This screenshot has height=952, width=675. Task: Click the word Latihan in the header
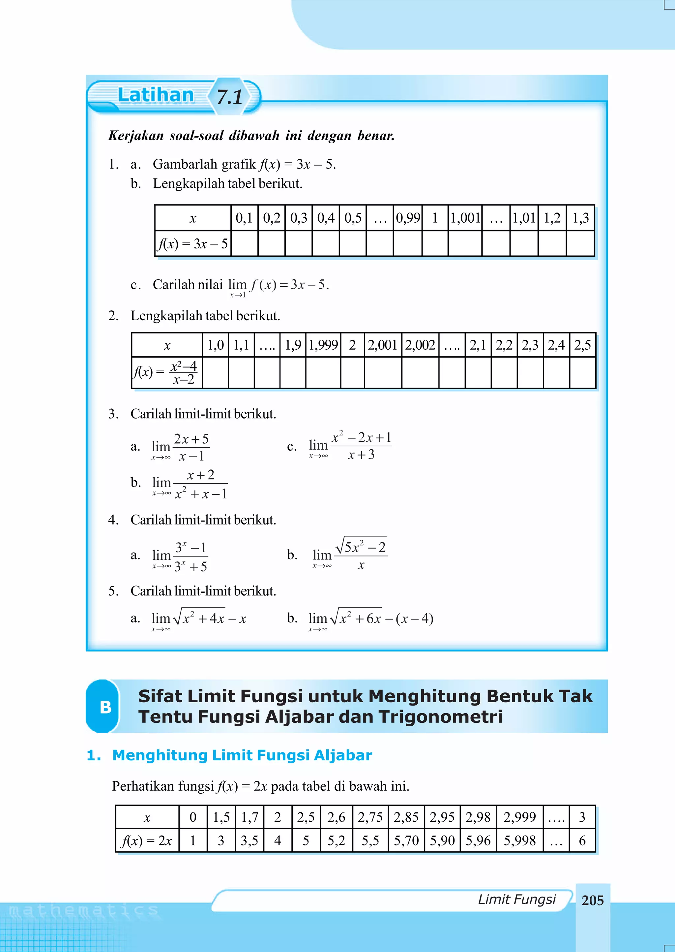pyautogui.click(x=156, y=95)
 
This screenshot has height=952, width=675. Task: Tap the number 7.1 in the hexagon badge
pyautogui.click(x=229, y=97)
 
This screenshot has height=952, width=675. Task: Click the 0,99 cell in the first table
pyautogui.click(x=407, y=217)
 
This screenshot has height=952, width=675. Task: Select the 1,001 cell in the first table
pyautogui.click(x=465, y=217)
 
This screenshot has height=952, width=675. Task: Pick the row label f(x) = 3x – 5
pyautogui.click(x=193, y=243)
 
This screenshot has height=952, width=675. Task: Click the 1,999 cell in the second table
pyautogui.click(x=323, y=345)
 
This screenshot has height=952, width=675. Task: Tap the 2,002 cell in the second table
pyautogui.click(x=420, y=345)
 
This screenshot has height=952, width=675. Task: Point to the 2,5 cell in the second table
pyautogui.click(x=582, y=345)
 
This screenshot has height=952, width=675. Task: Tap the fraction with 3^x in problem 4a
pyautogui.click(x=191, y=556)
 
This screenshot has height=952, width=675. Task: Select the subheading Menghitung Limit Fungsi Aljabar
pyautogui.click(x=242, y=755)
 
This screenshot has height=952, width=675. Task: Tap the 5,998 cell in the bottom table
pyautogui.click(x=519, y=841)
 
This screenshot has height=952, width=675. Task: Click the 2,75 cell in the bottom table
pyautogui.click(x=370, y=817)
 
